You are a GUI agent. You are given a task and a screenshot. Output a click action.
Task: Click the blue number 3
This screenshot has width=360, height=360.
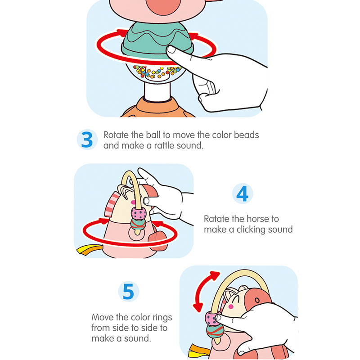[x=87, y=139]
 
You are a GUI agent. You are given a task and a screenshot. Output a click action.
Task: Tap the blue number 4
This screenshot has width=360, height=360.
[x=242, y=193]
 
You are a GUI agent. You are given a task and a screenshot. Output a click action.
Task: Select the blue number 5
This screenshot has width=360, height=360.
[x=128, y=291]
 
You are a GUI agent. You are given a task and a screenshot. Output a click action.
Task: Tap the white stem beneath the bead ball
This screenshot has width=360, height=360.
[x=157, y=91]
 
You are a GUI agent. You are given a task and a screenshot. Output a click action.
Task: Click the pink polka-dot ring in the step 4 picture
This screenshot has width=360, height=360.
[x=139, y=213]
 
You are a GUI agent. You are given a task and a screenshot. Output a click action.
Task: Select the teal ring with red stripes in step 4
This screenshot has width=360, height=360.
[x=138, y=224]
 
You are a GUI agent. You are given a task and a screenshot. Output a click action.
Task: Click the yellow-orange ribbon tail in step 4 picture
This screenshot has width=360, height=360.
[x=90, y=250]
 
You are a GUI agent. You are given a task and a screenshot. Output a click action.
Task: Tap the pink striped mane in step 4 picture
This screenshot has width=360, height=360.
[x=112, y=204]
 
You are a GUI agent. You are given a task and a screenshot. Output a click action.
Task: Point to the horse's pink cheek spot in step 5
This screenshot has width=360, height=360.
[x=231, y=306]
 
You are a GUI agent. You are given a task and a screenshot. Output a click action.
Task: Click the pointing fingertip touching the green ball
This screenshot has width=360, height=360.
[x=171, y=49]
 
